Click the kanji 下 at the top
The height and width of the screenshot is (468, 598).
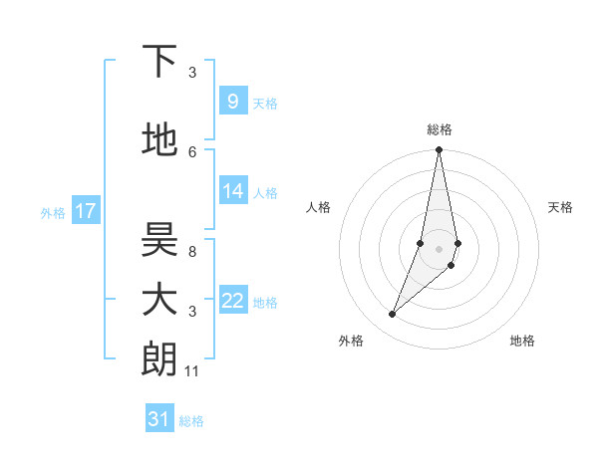(x=159, y=62)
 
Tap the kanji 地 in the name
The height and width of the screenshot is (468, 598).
(x=159, y=140)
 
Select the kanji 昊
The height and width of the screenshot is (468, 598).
(x=159, y=240)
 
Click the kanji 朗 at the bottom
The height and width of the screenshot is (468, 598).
(x=159, y=359)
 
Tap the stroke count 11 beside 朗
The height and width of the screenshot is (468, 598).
(x=192, y=371)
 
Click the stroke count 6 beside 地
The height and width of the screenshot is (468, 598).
(x=192, y=151)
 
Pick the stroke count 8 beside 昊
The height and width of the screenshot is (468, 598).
(x=192, y=252)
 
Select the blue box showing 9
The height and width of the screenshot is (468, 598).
(x=232, y=101)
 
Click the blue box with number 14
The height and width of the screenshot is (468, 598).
(x=232, y=191)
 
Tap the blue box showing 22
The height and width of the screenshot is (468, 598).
(x=232, y=301)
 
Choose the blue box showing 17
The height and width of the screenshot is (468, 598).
(x=86, y=211)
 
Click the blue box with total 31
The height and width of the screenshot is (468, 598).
(x=159, y=419)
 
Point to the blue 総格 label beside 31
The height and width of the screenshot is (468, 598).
(x=191, y=421)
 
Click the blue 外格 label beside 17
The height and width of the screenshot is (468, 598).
(x=52, y=212)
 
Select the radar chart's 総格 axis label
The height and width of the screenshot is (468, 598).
(x=439, y=129)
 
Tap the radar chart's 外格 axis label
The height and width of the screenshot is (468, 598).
(x=351, y=341)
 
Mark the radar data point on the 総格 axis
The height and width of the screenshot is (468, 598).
(x=439, y=150)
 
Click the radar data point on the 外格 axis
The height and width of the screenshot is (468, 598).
(x=392, y=315)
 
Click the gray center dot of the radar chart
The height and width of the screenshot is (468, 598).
(x=439, y=248)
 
